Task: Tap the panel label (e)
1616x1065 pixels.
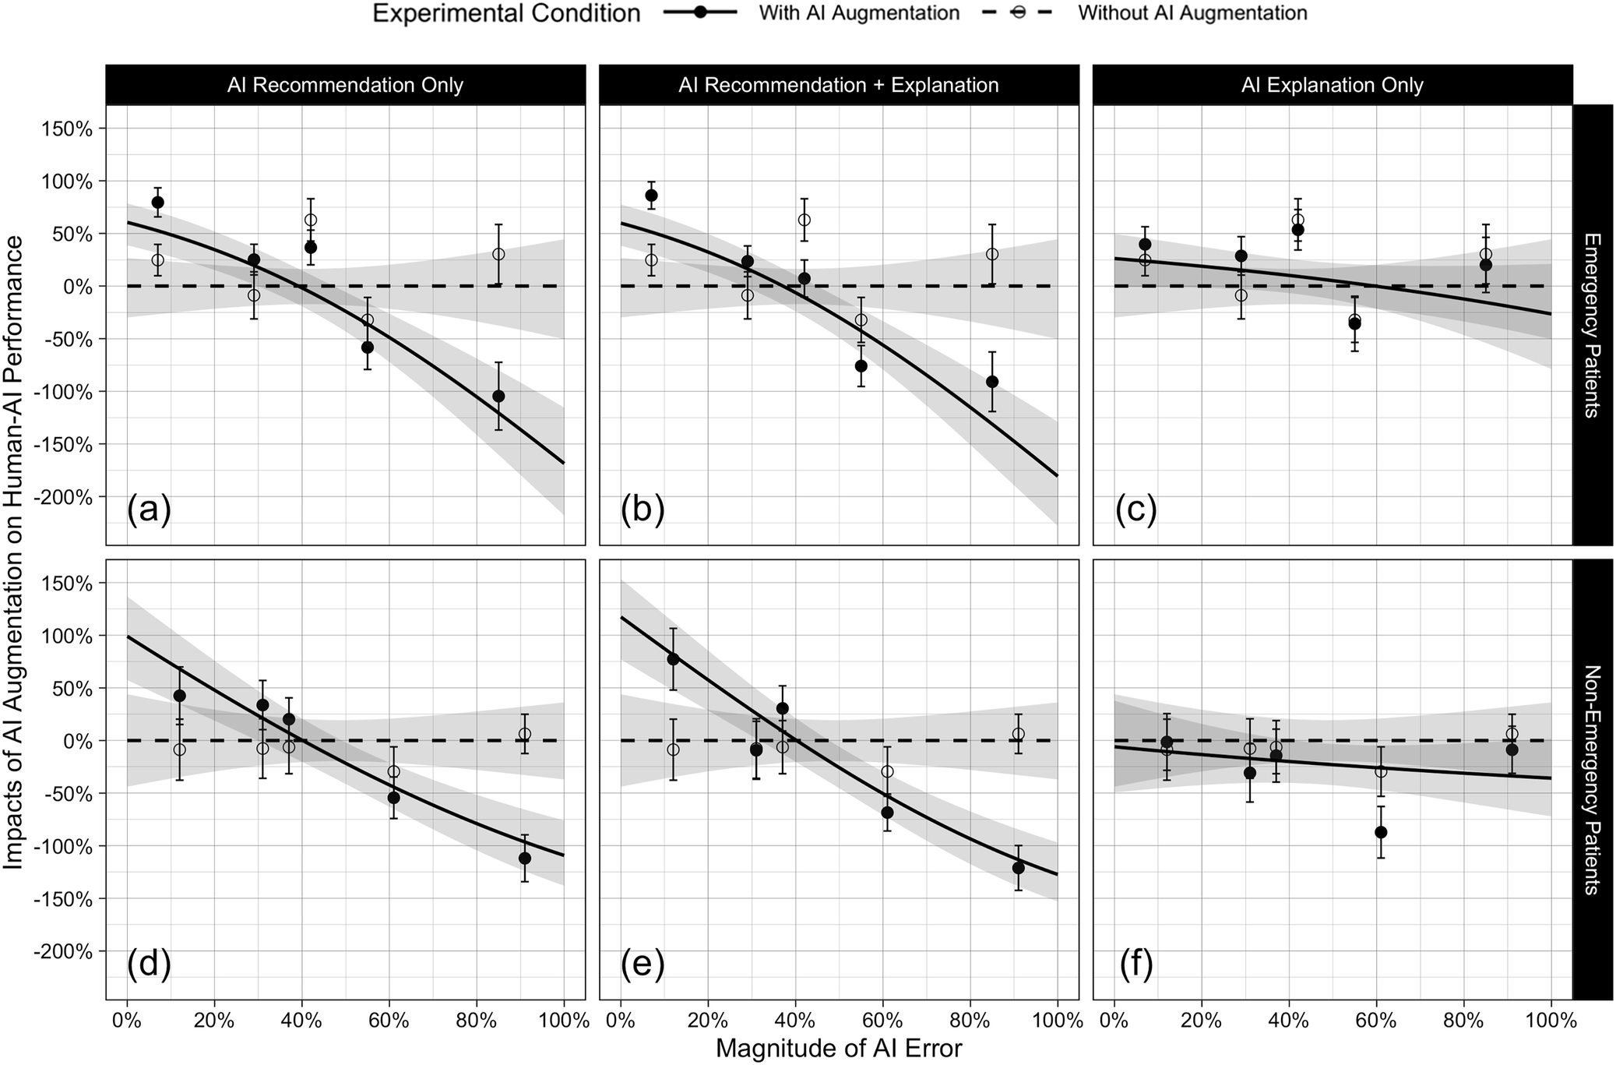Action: pyautogui.click(x=643, y=964)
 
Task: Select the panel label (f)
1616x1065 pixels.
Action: pyautogui.click(x=1136, y=964)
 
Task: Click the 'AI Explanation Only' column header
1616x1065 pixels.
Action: pyautogui.click(x=1332, y=86)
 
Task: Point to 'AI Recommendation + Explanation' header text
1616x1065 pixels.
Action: pyautogui.click(x=838, y=86)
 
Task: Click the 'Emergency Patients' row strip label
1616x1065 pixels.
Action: pyautogui.click(x=1592, y=325)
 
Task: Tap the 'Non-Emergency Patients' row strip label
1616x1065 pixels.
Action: pyautogui.click(x=1592, y=779)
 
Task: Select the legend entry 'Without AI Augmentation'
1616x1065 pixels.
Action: pyautogui.click(x=1192, y=13)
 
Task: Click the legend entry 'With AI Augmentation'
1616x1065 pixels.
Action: pyautogui.click(x=859, y=13)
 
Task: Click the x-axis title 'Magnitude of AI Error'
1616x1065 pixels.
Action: pyautogui.click(x=838, y=1049)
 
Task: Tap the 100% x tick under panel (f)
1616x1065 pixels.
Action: pyautogui.click(x=1551, y=1020)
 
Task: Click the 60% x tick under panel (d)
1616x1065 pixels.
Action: pyautogui.click(x=389, y=1020)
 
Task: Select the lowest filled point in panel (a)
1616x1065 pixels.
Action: pyautogui.click(x=498, y=396)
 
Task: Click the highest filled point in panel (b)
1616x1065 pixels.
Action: pyautogui.click(x=651, y=195)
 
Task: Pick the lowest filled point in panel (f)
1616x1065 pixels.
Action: pyautogui.click(x=1381, y=832)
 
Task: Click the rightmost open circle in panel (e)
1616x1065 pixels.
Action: pyautogui.click(x=1018, y=734)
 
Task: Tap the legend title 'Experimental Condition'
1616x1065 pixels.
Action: pyautogui.click(x=506, y=13)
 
